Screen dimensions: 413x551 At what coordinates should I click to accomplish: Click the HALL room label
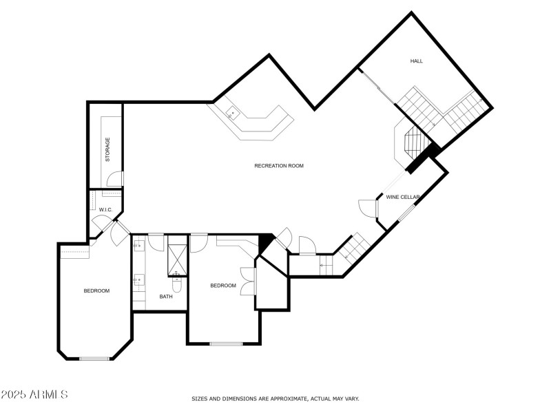[416, 61]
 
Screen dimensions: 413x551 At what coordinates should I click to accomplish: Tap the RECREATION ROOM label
[278, 166]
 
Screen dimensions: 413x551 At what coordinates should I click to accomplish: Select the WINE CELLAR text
[403, 198]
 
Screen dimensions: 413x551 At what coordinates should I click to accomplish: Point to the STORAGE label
[107, 149]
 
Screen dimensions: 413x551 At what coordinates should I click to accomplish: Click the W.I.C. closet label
[105, 209]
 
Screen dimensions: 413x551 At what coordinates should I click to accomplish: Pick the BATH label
[166, 297]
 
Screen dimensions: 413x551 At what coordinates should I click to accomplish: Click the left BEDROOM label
[96, 290]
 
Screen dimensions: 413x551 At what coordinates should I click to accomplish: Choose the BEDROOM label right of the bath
[222, 286]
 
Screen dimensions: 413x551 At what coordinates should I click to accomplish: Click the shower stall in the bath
[177, 256]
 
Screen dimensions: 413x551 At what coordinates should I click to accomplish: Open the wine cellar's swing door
[367, 207]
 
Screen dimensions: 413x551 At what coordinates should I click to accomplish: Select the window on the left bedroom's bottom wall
[94, 358]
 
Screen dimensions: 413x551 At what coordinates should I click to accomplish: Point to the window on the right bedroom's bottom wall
[226, 343]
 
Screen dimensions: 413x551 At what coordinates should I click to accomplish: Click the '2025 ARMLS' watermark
[34, 395]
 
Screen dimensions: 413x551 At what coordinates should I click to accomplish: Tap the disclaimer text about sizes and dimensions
[275, 399]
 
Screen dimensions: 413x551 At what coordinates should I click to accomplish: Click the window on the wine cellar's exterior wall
[407, 211]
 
